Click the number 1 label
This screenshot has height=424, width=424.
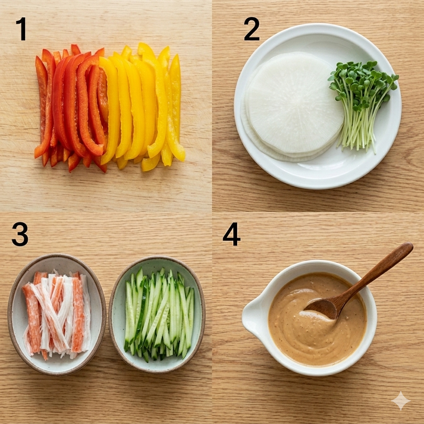(22, 29)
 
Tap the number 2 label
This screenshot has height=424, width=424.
(252, 29)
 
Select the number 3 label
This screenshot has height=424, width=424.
(20, 234)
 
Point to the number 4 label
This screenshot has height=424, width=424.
(231, 234)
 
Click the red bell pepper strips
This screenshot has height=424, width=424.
(70, 108)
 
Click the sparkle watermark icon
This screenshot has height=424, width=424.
(401, 400)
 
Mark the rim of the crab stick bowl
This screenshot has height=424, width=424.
(11, 314)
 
